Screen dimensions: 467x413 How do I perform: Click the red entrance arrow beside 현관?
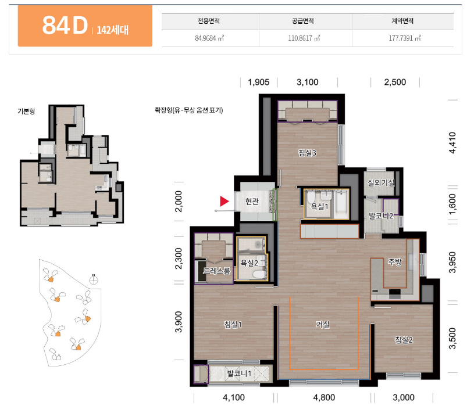[224, 201]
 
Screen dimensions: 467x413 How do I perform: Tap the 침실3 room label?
[308, 153]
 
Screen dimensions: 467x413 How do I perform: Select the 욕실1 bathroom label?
[319, 206]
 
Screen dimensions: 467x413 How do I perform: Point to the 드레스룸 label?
[216, 271]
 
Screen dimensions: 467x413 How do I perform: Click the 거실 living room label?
[323, 324]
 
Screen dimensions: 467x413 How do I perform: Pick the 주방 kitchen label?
[395, 262]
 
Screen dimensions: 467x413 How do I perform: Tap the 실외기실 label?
[382, 182]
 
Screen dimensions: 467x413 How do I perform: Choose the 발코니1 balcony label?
[239, 373]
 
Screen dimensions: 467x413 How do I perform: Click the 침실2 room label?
[404, 340]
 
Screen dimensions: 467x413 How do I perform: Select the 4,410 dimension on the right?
[452, 142]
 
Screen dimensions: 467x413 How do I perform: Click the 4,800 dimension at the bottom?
[324, 397]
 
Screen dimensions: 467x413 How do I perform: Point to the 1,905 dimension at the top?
[259, 82]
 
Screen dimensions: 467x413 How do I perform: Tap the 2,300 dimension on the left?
[178, 258]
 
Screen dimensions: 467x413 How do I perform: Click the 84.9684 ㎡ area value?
[209, 38]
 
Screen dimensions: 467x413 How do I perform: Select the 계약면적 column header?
[402, 21]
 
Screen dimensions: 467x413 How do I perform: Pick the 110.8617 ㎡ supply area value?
[304, 38]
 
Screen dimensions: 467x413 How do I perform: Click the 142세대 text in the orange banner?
[113, 30]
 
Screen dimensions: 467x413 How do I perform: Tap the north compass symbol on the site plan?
[94, 280]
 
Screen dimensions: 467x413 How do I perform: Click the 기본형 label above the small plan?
[26, 111]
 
